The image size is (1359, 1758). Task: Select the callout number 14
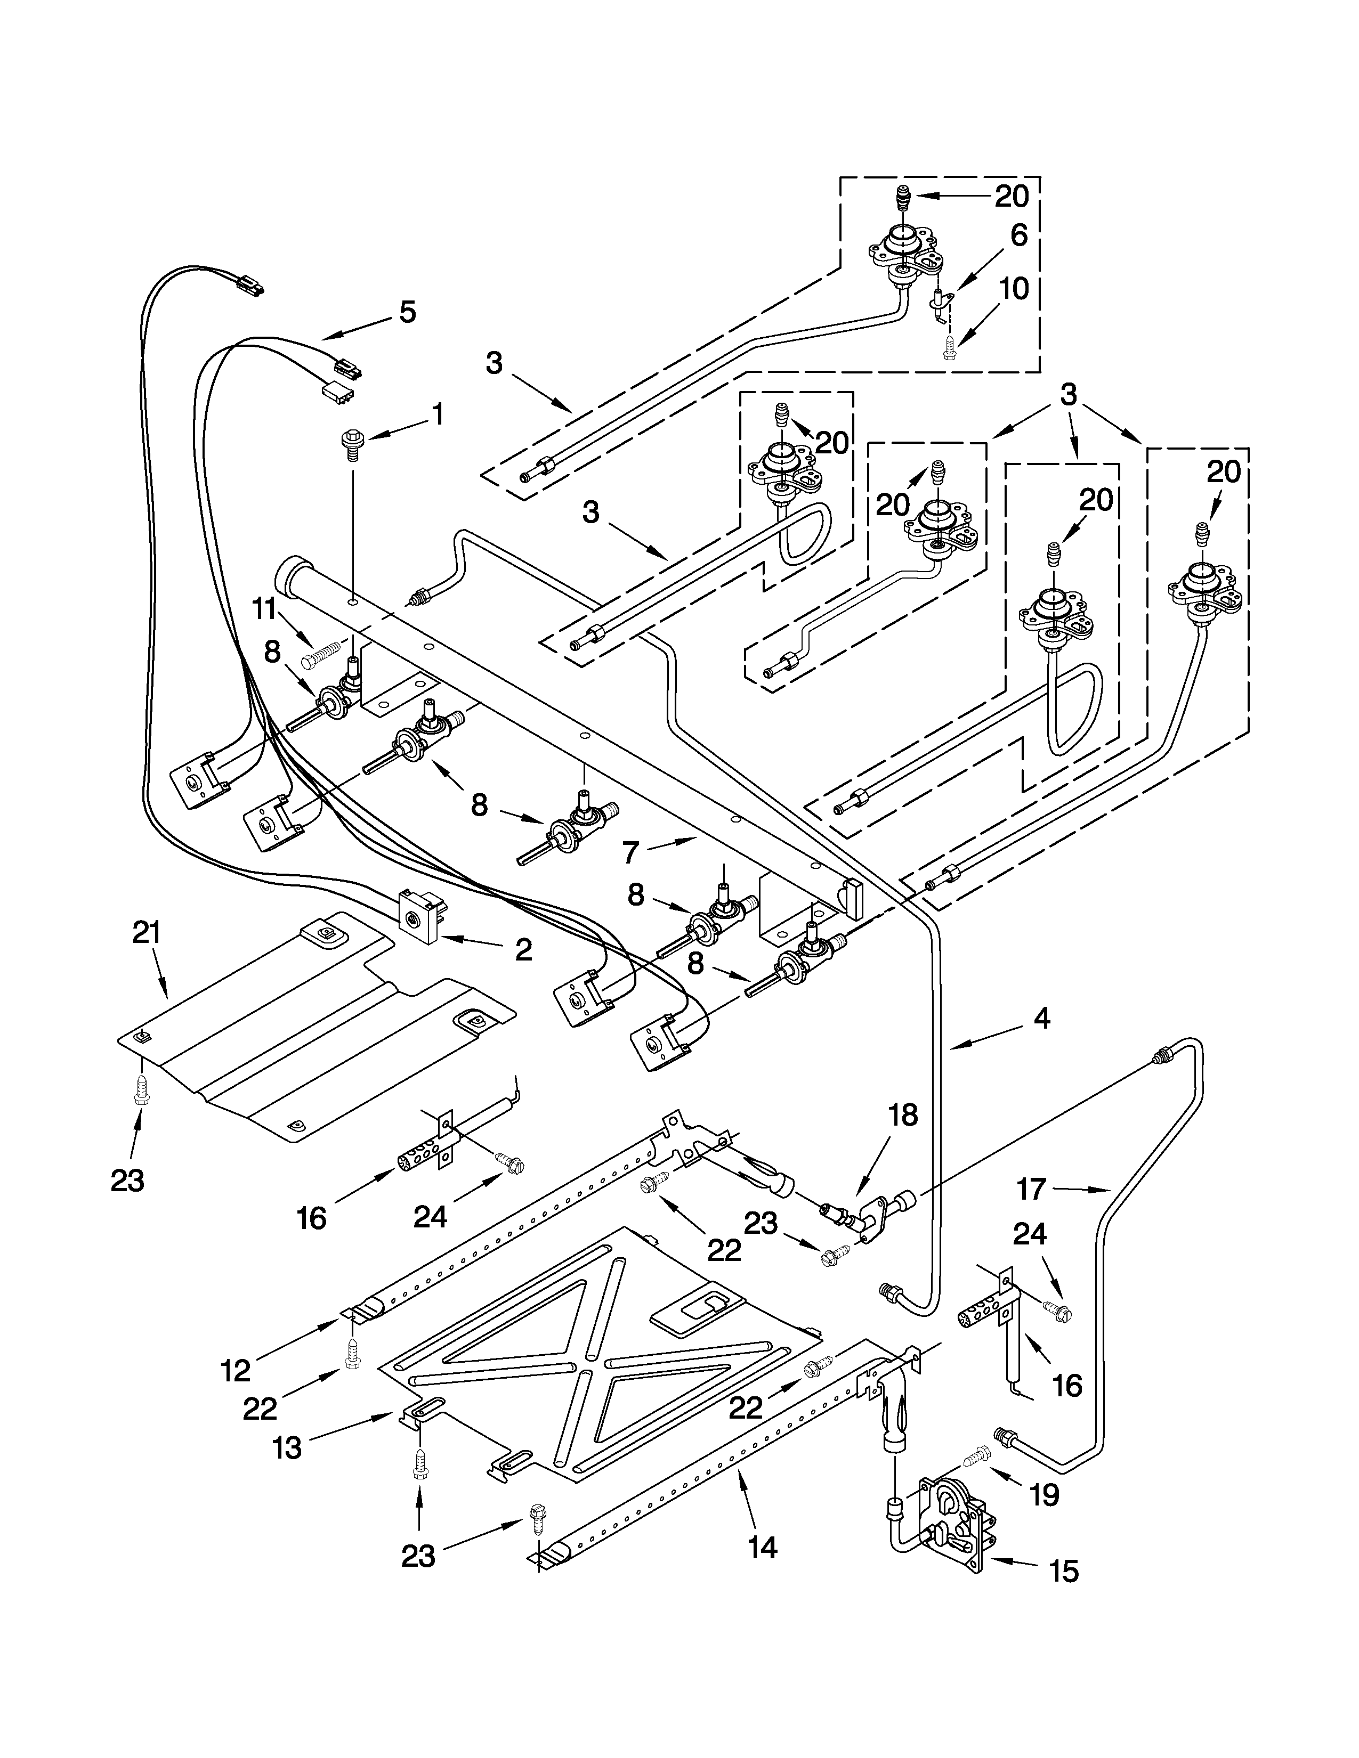[762, 1547]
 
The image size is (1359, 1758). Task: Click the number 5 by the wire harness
[407, 312]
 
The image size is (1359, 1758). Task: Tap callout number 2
[523, 950]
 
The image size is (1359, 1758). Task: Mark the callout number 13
[287, 1447]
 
